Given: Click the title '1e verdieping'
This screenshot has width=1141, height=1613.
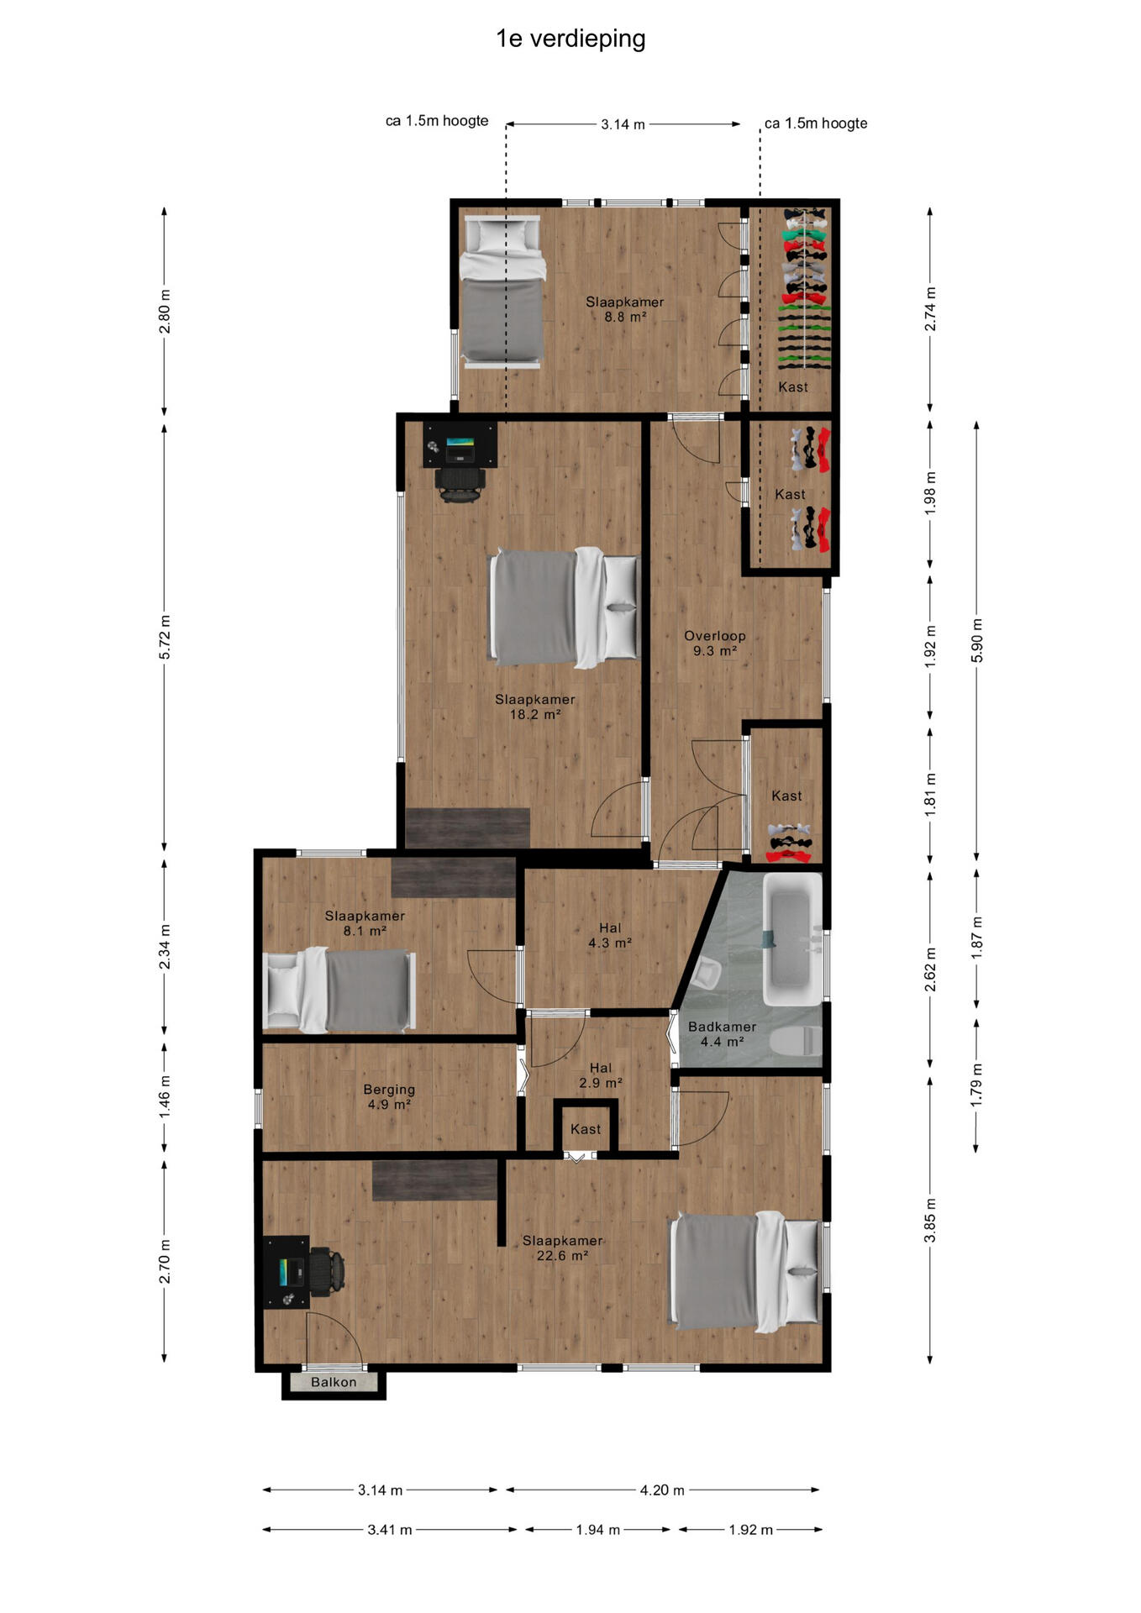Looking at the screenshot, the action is click(x=570, y=39).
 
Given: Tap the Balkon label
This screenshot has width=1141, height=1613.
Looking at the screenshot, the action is click(x=334, y=1382).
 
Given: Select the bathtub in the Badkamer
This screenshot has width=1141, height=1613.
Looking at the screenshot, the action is click(x=791, y=938).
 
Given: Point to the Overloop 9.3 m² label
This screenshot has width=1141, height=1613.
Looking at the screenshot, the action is click(x=715, y=644).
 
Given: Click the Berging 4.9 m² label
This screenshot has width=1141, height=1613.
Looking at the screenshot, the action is click(x=389, y=1097).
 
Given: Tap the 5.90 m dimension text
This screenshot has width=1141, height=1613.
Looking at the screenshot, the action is click(x=976, y=640).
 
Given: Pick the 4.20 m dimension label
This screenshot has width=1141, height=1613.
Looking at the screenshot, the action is click(x=662, y=1490).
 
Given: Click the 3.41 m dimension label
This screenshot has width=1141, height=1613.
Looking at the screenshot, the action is click(x=390, y=1530).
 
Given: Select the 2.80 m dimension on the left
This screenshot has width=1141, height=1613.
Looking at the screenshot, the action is click(x=165, y=311).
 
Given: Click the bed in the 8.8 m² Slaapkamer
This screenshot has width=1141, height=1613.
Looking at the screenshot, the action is click(x=502, y=292).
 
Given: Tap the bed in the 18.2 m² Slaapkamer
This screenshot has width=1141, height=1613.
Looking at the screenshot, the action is click(x=565, y=607).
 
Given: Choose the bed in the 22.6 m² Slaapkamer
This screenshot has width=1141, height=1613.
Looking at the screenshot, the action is click(x=745, y=1271).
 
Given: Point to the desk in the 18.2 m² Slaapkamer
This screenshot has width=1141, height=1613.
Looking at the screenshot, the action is click(x=460, y=444).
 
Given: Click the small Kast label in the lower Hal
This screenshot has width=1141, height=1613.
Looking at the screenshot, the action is click(x=586, y=1129).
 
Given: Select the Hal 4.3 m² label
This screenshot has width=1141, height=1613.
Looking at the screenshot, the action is click(x=610, y=935).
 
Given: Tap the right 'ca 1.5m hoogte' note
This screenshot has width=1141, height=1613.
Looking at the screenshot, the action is click(x=816, y=123).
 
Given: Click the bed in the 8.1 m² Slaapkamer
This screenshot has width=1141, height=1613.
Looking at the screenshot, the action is click(x=339, y=990).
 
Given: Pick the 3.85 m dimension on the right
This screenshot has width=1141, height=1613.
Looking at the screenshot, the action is click(x=930, y=1221).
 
